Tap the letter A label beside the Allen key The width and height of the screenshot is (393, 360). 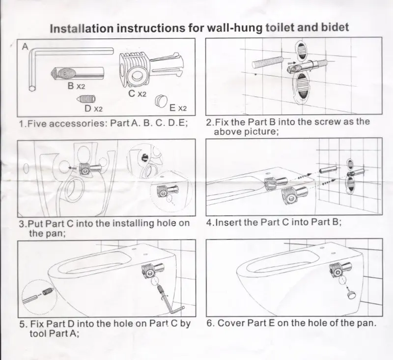coord(24,47)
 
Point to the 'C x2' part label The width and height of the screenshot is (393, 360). coord(136,93)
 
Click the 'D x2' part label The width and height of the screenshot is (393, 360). coord(92,108)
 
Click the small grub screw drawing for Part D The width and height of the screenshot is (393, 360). coord(87,98)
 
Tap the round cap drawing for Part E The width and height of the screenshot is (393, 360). coord(161,100)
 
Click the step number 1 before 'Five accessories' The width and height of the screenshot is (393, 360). coord(21,123)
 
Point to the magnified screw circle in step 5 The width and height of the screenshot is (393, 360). coord(37,294)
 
